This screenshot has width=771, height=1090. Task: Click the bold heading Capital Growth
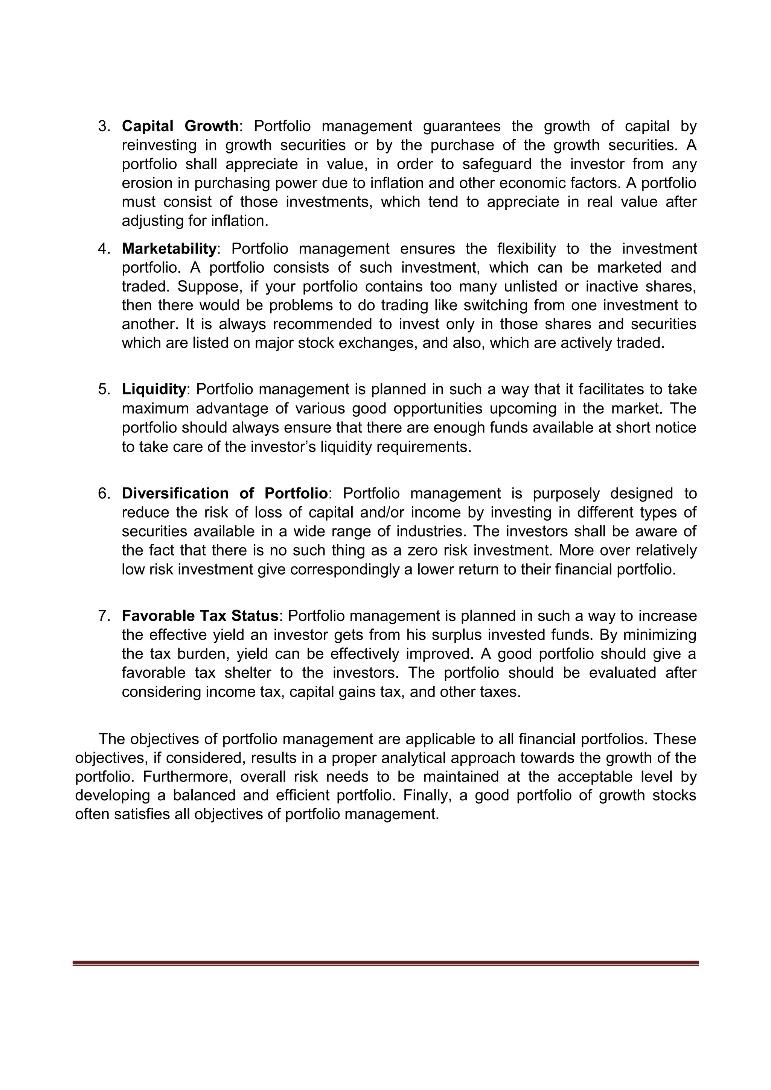(180, 126)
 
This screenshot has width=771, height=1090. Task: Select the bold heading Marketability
(169, 249)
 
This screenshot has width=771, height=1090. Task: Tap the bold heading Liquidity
(154, 389)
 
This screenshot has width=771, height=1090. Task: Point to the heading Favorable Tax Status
(200, 616)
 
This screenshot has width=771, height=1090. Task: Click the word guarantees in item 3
(461, 126)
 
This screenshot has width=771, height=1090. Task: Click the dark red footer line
(385, 963)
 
